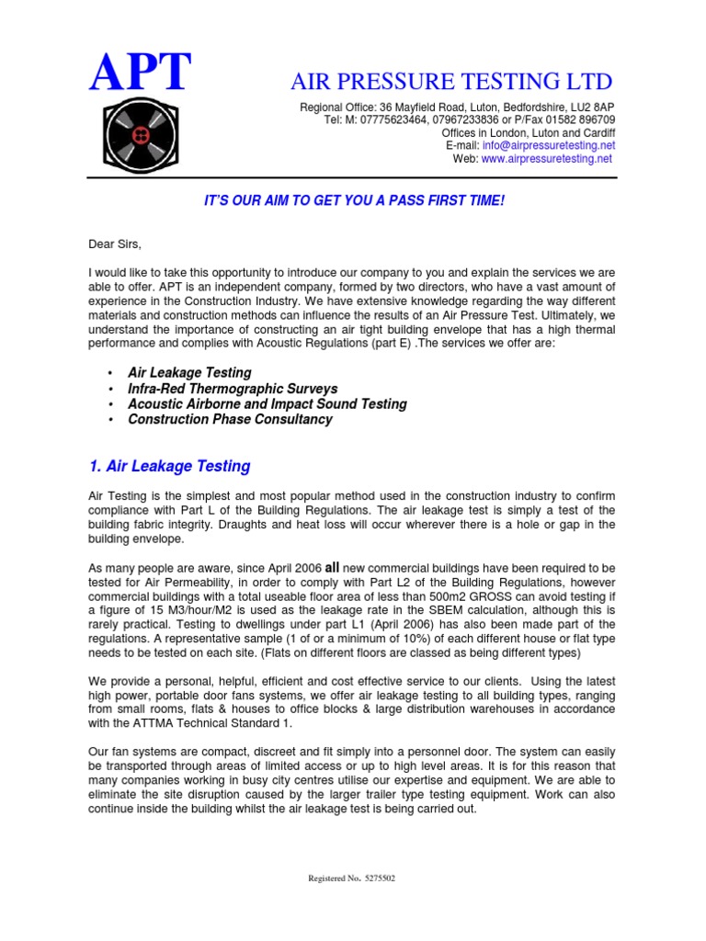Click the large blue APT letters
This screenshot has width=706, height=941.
140,73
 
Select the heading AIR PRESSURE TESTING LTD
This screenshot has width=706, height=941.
450,81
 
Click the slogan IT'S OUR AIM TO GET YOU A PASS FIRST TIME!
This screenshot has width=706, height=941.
354,200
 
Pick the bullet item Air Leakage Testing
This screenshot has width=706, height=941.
189,372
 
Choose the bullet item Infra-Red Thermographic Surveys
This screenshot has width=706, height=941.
233,388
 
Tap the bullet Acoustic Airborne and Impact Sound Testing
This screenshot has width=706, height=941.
267,403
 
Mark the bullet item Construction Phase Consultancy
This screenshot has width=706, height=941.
230,419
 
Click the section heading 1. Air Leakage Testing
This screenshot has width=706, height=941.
169,466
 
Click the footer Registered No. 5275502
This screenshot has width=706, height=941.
352,879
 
